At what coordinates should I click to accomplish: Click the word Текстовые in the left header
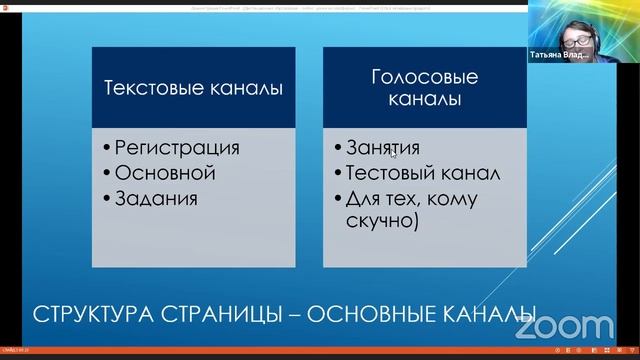coord(150,88)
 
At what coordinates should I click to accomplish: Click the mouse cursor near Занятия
coord(393,153)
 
